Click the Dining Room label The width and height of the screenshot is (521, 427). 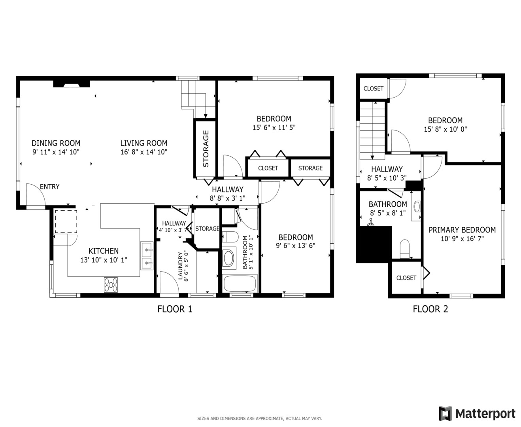(x=56, y=143)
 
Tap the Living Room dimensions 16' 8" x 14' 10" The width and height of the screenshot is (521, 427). (x=144, y=152)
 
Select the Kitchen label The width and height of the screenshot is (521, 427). (x=104, y=251)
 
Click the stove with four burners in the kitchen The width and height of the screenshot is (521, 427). (x=111, y=285)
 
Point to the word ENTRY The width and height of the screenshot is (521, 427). (x=50, y=187)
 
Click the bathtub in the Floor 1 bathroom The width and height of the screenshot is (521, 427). (x=240, y=284)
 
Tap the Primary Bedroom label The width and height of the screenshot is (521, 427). (x=462, y=230)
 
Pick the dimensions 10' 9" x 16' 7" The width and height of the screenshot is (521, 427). (x=462, y=239)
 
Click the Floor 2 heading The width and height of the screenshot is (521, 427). (x=430, y=309)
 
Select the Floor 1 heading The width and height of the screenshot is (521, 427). (x=175, y=309)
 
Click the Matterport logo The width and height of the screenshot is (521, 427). (x=477, y=414)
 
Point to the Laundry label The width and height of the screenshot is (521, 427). (x=180, y=266)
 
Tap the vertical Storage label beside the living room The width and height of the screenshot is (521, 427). (x=206, y=149)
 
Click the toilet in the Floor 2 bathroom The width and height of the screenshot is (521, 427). (x=404, y=249)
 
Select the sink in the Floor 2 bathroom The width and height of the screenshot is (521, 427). (x=417, y=206)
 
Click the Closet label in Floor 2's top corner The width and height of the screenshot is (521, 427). (x=373, y=89)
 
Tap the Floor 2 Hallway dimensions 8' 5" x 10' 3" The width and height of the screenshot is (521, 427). (x=387, y=178)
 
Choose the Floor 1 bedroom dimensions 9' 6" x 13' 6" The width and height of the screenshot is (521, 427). (x=295, y=246)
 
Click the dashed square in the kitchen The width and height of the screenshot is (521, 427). (x=66, y=222)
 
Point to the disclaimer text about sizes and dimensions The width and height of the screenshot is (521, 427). (x=259, y=419)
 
